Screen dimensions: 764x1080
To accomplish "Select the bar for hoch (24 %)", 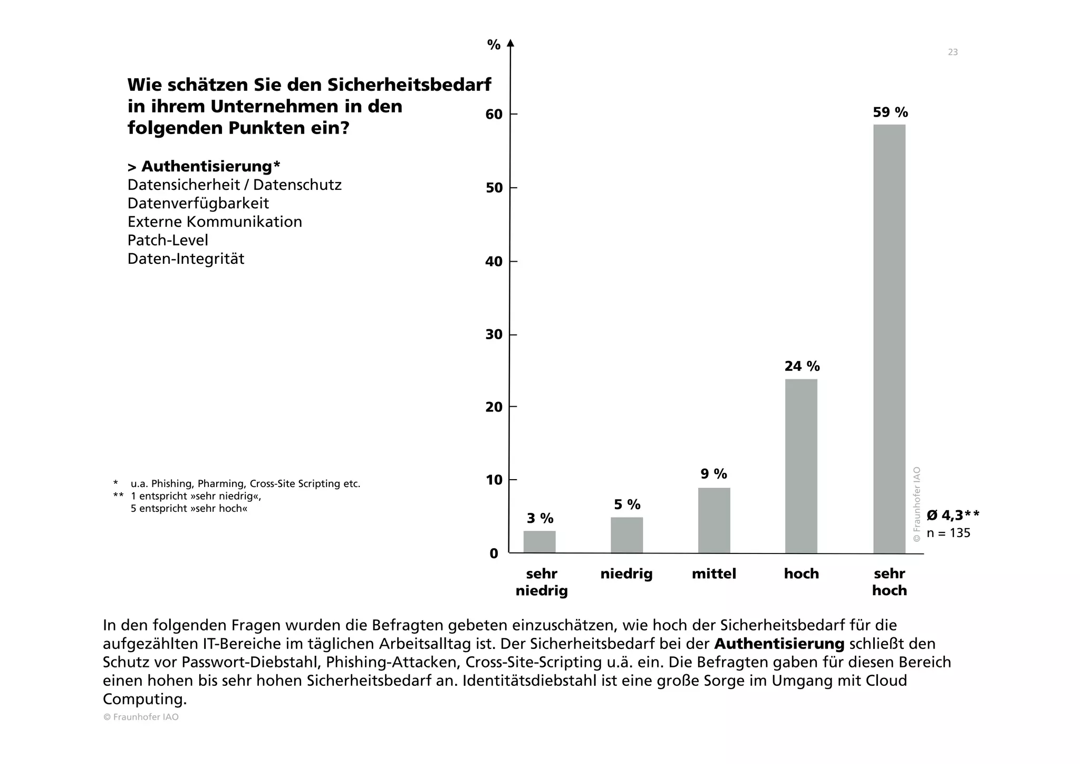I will coord(801,466).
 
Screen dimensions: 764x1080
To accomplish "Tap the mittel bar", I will coord(714,520).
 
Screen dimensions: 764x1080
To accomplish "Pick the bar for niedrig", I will coord(626,535).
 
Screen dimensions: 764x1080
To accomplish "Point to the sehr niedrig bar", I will coord(539,542).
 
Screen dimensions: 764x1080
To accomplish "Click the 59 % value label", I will coord(890,112).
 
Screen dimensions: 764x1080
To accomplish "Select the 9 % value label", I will coord(713,474).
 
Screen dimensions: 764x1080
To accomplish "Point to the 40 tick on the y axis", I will coord(494,261).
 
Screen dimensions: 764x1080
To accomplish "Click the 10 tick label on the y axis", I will coord(494,480).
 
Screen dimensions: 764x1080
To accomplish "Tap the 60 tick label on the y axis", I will coord(494,114).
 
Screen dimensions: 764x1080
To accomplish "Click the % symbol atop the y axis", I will coord(494,45).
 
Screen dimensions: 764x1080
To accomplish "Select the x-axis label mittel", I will coord(714,574).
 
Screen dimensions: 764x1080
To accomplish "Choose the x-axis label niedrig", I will coord(626,574).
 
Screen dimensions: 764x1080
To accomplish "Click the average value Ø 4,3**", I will coord(953,515).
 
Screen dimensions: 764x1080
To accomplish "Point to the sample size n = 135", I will coord(948,533).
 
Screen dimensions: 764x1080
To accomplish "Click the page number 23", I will coord(952,52).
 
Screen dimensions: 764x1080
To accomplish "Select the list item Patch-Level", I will coord(168,240).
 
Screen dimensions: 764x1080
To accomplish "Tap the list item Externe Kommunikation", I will coord(215,222).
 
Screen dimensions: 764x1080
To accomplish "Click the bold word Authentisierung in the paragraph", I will coord(779,644).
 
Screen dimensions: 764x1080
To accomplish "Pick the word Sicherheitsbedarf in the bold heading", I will coord(409,84).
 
